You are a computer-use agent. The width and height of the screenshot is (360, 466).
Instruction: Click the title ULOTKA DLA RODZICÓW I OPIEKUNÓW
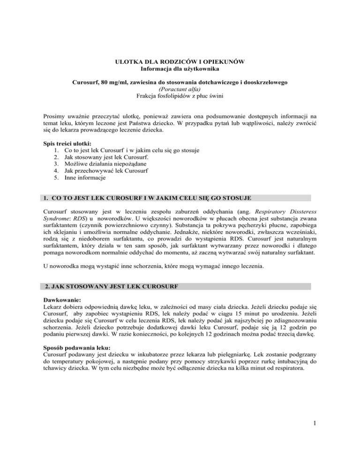[180, 62]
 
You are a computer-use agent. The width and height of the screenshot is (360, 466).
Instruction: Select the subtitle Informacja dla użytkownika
[180, 70]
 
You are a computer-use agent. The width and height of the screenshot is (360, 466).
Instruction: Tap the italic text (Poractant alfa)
[180, 90]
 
